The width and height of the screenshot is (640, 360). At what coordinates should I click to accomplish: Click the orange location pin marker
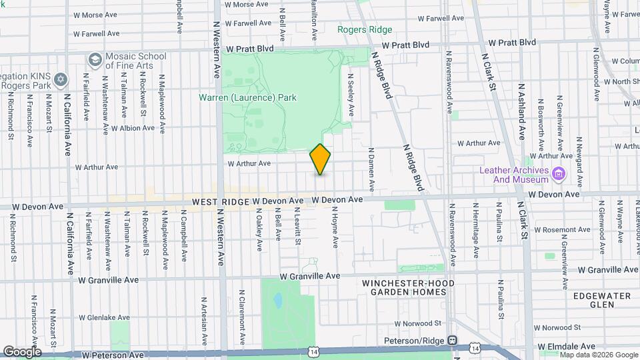coord(320,159)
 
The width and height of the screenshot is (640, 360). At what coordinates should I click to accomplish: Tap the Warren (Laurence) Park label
coord(247,97)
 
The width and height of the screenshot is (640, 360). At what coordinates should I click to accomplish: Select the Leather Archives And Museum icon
coord(559,175)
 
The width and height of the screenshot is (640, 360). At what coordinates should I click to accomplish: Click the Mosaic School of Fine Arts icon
coord(95,61)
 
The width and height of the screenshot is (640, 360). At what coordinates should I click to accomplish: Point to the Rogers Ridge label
coord(364,30)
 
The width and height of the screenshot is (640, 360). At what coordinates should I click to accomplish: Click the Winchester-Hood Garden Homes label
coord(408,288)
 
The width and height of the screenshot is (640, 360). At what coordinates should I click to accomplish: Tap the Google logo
coord(22,351)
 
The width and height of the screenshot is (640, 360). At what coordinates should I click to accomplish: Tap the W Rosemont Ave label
coord(558,229)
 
